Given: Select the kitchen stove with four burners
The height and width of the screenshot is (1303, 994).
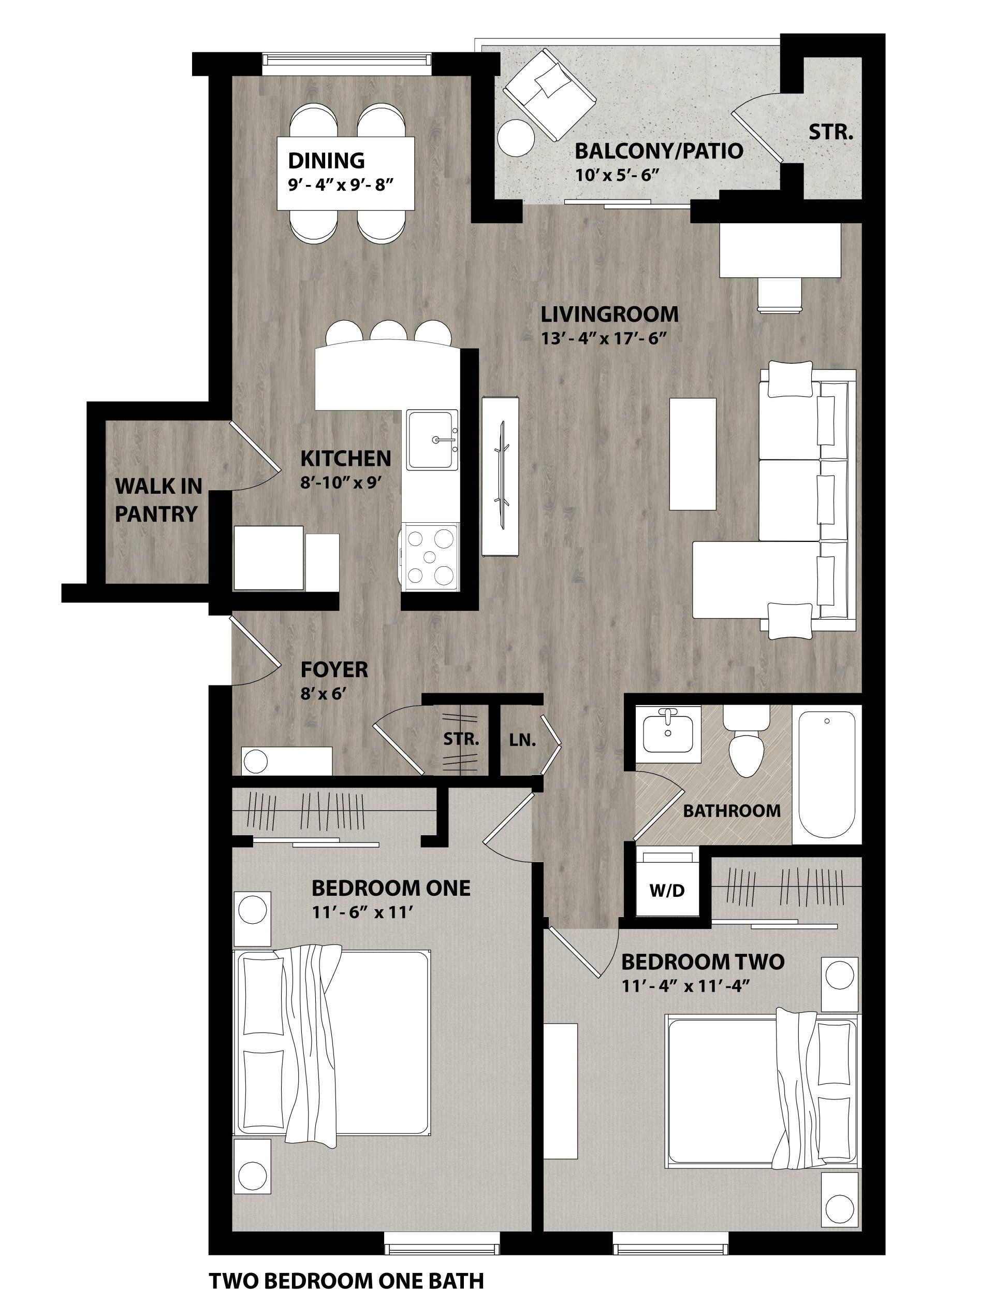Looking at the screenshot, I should pos(430,556).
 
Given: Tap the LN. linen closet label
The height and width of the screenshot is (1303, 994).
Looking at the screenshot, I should pos(522,740).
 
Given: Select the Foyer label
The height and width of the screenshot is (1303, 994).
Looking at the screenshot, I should pos(334,670).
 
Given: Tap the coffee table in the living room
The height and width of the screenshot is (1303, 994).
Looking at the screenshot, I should pos(692,453).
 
